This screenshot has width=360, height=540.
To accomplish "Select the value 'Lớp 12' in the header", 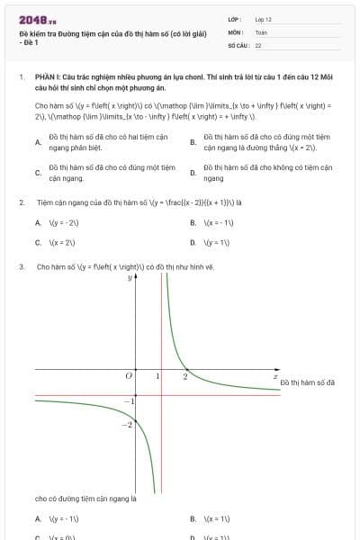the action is point(263,19).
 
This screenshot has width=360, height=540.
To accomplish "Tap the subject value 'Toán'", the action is point(261,31).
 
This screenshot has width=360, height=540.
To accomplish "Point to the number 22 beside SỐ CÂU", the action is point(258,44).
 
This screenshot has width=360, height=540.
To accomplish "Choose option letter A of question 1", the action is point(37,142).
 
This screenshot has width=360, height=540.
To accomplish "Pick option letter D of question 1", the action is point(193,173).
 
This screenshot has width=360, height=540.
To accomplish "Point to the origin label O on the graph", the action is point(129,375).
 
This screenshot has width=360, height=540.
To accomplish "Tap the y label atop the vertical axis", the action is point(130,278).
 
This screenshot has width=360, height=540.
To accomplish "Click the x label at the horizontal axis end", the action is point(275,375).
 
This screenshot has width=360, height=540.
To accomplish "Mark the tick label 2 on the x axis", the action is point(184,375).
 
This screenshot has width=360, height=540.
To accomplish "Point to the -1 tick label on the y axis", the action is point(128,400).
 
